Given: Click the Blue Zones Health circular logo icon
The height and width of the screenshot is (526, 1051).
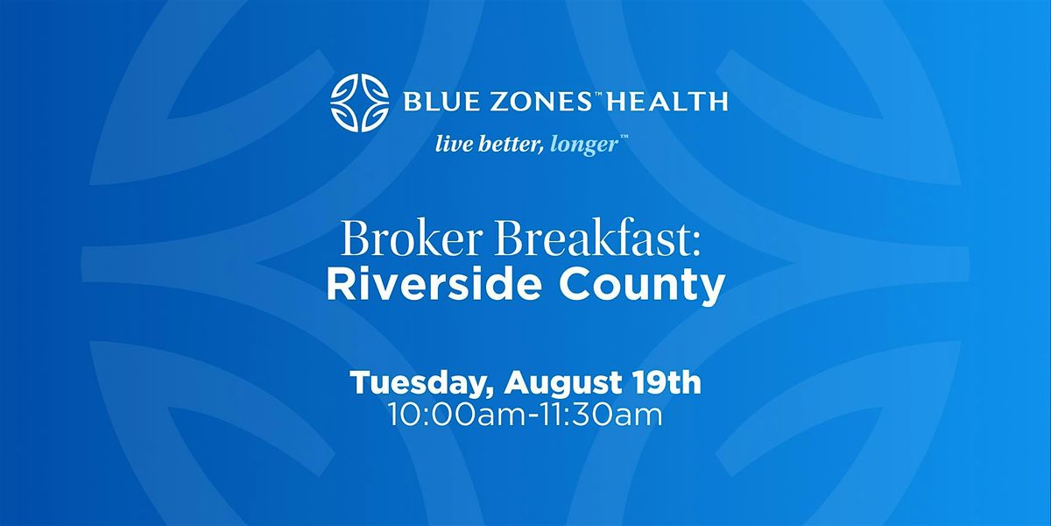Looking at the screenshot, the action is click(x=359, y=103).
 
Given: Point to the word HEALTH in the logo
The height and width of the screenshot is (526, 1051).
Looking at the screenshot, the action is click(x=667, y=102).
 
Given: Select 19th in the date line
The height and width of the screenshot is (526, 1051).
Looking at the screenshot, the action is click(x=667, y=382).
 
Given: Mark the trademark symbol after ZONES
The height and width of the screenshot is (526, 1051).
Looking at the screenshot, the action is click(x=598, y=95).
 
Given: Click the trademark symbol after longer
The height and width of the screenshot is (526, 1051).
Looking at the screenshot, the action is click(x=624, y=138).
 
